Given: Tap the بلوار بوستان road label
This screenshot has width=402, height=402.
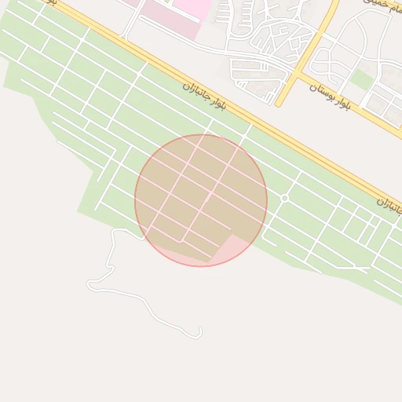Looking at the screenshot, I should pyautogui.click(x=329, y=93).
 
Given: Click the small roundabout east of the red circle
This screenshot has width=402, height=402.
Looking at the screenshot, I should pyautogui.click(x=285, y=199).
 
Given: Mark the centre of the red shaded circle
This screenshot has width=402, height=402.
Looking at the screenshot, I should pyautogui.click(x=201, y=200).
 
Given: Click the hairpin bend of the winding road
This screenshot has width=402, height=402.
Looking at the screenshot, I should pyautogui.click(x=90, y=283).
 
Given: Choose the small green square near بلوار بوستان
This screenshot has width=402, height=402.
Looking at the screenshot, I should pyautogui.click(x=362, y=79).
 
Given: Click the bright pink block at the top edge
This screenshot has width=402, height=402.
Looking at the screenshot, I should pyautogui.click(x=192, y=7).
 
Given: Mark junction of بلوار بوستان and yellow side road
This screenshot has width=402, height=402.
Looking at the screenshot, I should pyautogui.click(x=297, y=75).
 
